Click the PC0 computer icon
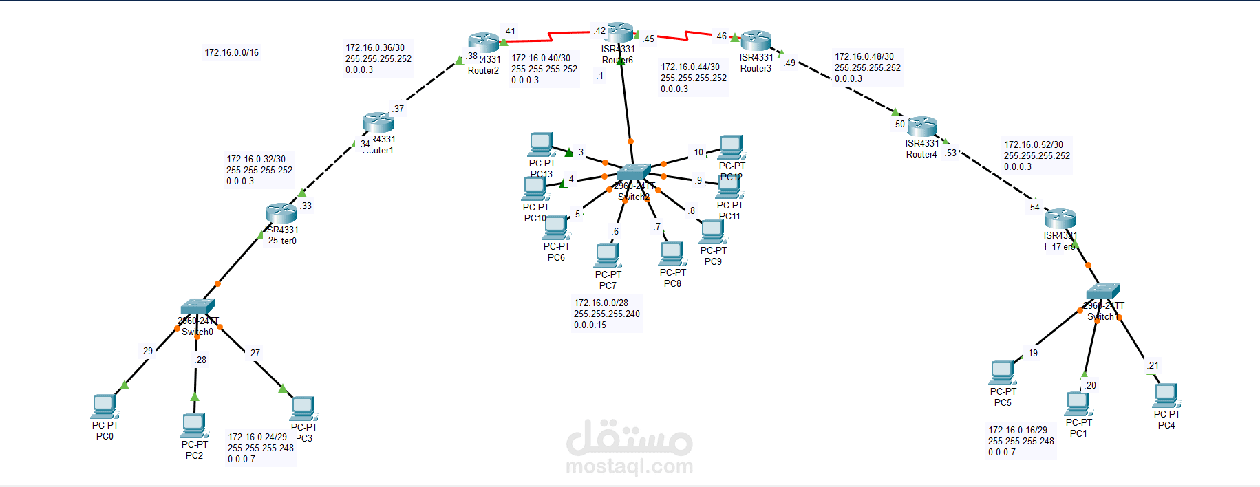(105, 406)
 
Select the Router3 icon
(756, 41)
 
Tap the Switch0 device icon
(197, 307)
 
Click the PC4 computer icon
(1166, 395)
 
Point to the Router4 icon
(922, 127)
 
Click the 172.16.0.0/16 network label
(232, 52)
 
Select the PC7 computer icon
(608, 255)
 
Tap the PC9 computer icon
(713, 232)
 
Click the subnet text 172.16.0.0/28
(601, 303)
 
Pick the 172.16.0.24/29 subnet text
(257, 437)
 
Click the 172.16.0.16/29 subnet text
(1018, 430)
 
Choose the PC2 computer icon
(194, 426)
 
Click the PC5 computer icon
(1003, 373)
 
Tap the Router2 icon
(484, 43)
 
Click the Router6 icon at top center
(619, 32)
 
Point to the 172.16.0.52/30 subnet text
(1034, 144)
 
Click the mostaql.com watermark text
(629, 466)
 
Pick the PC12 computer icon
(732, 147)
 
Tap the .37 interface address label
(398, 109)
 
